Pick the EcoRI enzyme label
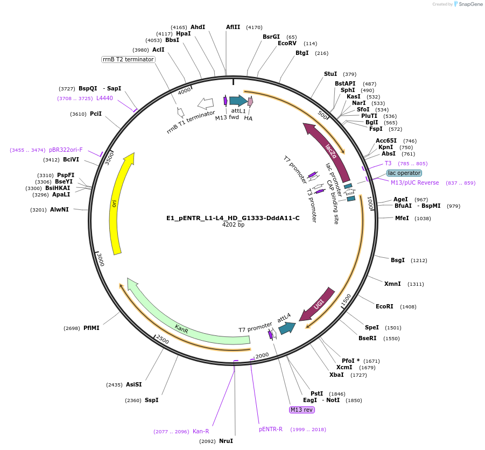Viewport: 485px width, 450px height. (385, 306)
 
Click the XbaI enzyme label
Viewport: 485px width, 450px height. (336, 375)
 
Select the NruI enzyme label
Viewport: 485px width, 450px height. (226, 441)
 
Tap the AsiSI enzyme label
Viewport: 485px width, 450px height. (134, 384)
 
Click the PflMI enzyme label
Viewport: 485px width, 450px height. (92, 328)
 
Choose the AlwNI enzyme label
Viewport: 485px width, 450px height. (59, 209)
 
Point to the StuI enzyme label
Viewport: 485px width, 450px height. (331, 74)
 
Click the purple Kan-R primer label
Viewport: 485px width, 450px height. (201, 431)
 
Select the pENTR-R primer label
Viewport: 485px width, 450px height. (271, 429)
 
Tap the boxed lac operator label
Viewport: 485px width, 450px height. (404, 173)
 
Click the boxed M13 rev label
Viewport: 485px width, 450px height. (301, 410)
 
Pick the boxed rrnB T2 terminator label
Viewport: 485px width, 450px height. (128, 59)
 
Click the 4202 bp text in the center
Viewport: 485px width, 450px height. (233, 225)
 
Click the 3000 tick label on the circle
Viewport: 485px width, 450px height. (101, 259)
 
